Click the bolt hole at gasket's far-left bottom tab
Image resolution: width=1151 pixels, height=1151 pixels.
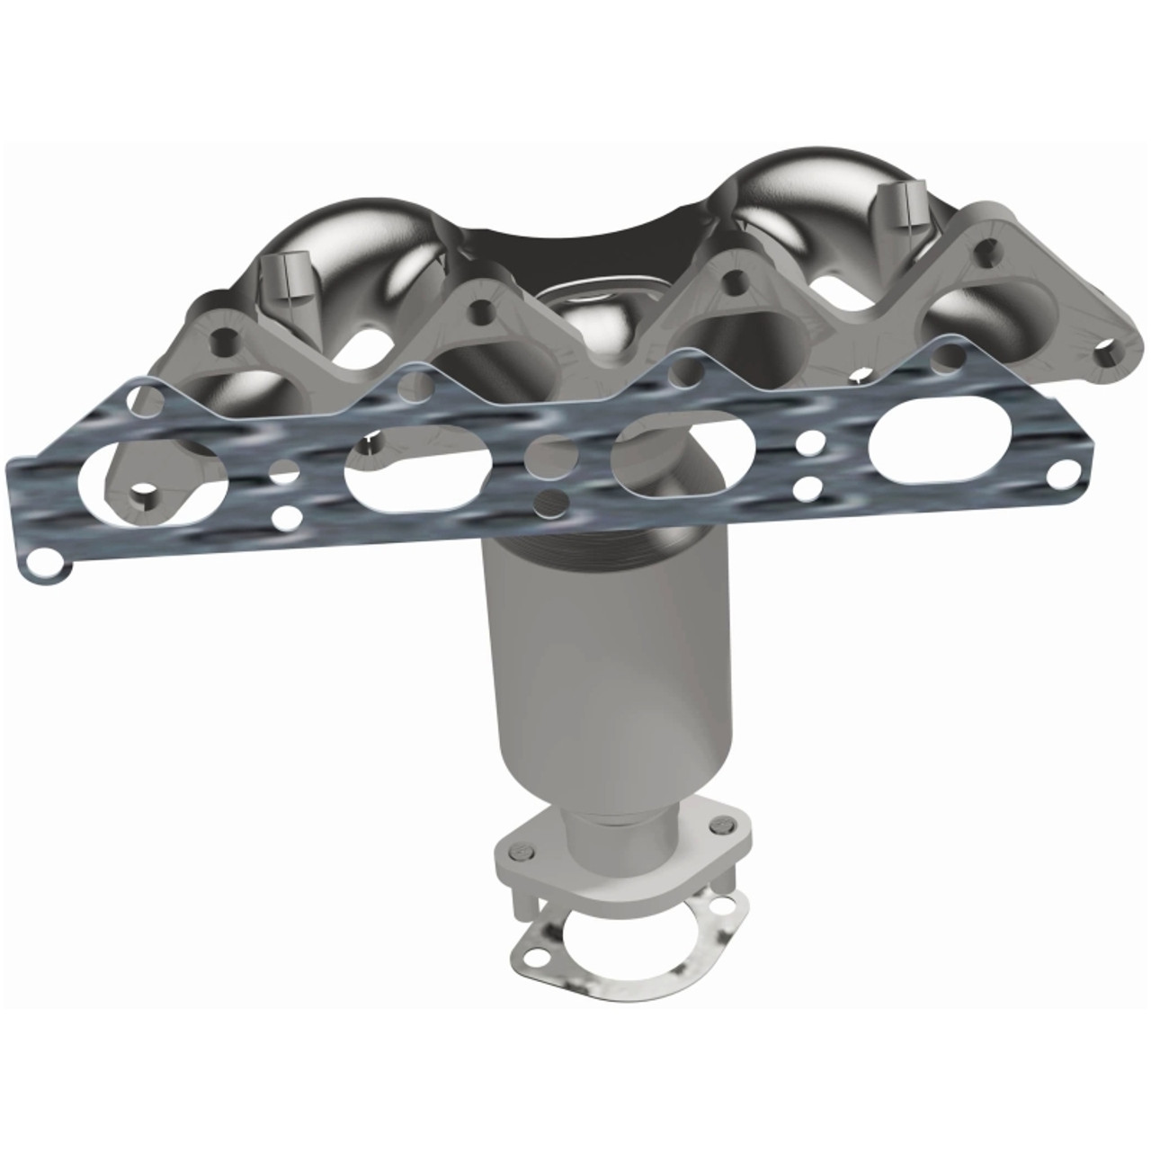(x=40, y=566)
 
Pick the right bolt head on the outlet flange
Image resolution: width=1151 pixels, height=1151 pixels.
(x=717, y=823)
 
